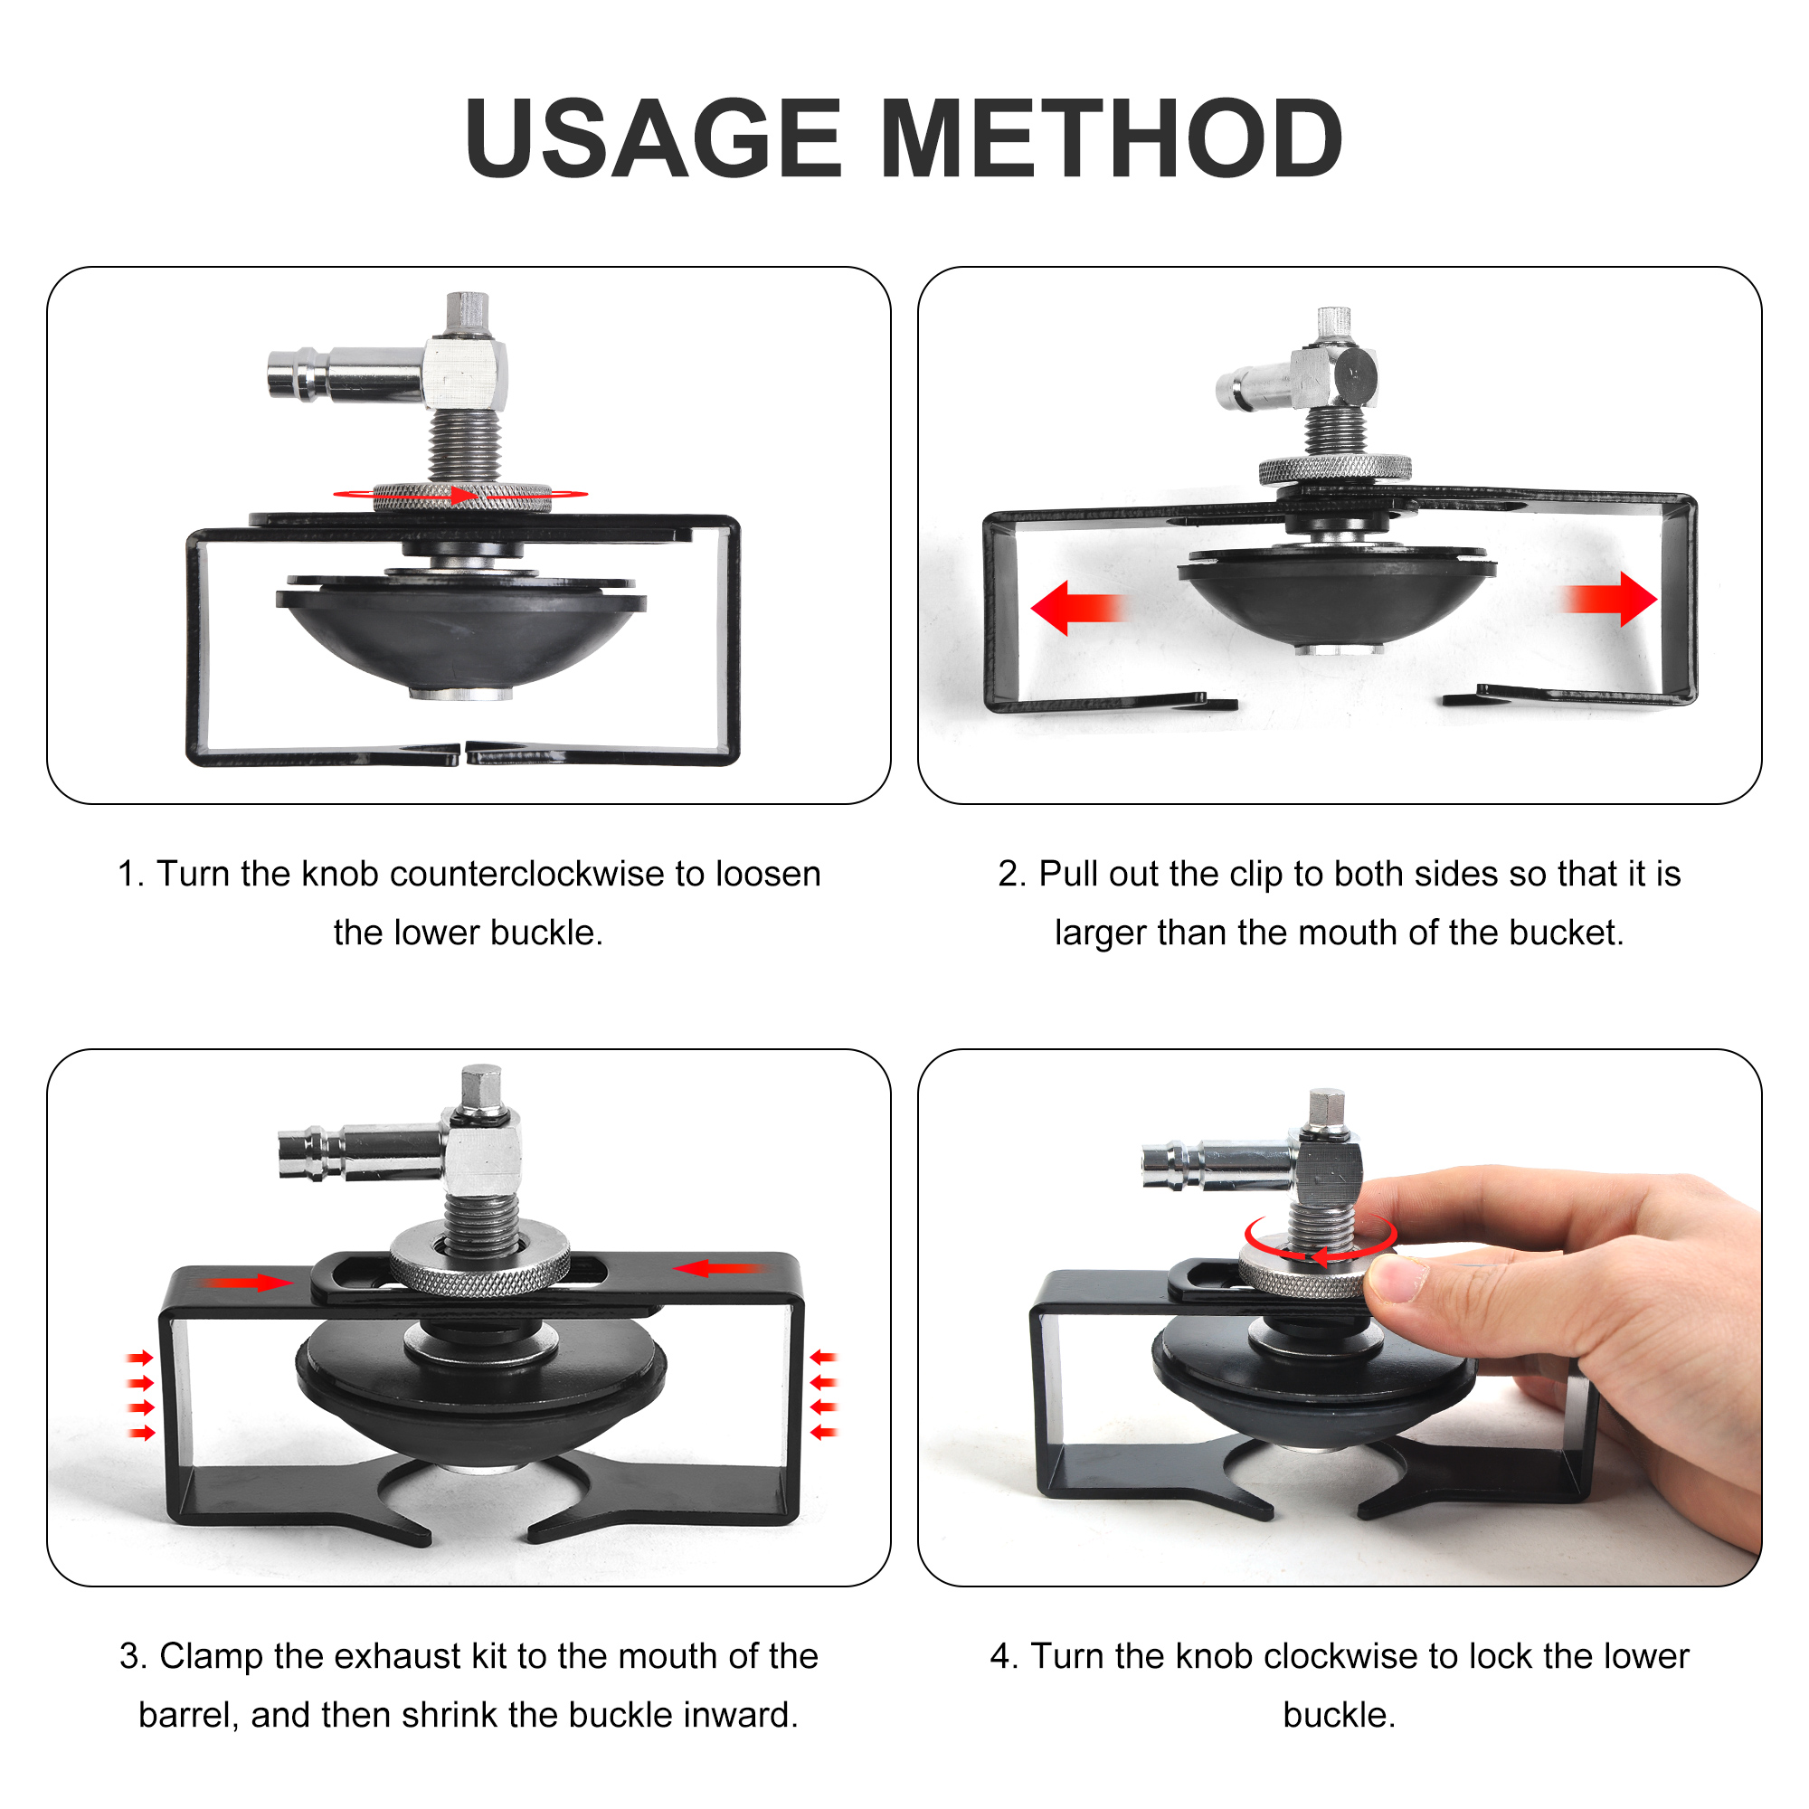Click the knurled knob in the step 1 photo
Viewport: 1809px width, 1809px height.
point(461,497)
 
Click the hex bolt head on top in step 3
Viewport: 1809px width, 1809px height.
point(481,1087)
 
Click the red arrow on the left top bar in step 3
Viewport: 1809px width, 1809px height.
point(248,1282)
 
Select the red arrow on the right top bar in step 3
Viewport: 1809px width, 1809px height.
point(720,1269)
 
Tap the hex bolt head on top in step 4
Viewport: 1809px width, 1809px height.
point(1327,1111)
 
